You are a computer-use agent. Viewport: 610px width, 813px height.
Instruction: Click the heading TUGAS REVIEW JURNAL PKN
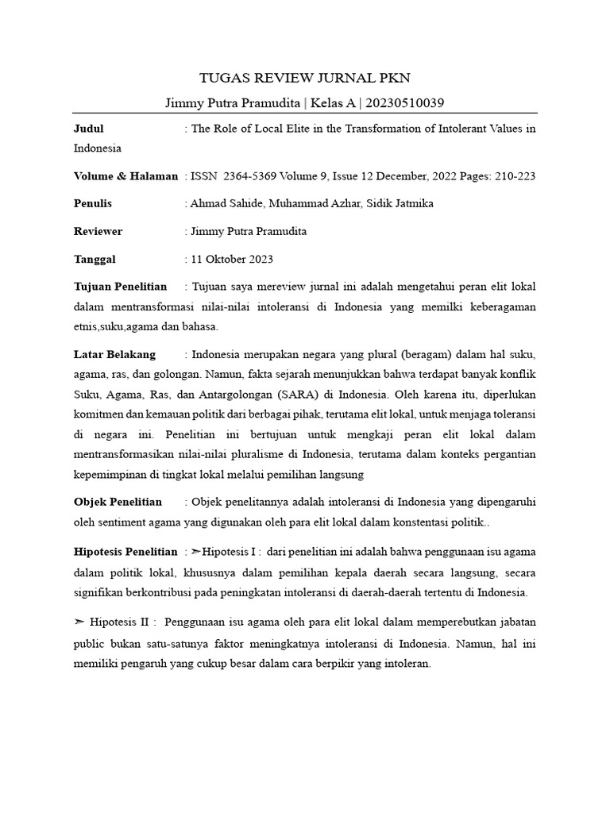(x=304, y=77)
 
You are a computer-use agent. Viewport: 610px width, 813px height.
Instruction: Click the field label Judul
(x=88, y=129)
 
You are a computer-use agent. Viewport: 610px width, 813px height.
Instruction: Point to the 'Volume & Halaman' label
(x=125, y=176)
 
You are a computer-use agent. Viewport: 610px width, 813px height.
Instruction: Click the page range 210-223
(x=514, y=176)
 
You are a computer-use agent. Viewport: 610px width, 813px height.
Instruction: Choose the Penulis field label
(x=93, y=204)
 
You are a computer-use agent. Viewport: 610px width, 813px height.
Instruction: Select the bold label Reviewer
(x=98, y=232)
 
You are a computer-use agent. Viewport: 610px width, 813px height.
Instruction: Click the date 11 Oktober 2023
(x=233, y=260)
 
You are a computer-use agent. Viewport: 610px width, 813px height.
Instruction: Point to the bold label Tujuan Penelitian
(x=120, y=287)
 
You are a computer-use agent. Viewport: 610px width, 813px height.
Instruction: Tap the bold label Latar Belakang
(x=114, y=354)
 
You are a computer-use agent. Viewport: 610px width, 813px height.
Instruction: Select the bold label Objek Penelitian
(x=118, y=502)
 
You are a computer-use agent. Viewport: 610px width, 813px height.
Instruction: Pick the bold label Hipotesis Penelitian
(x=125, y=552)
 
